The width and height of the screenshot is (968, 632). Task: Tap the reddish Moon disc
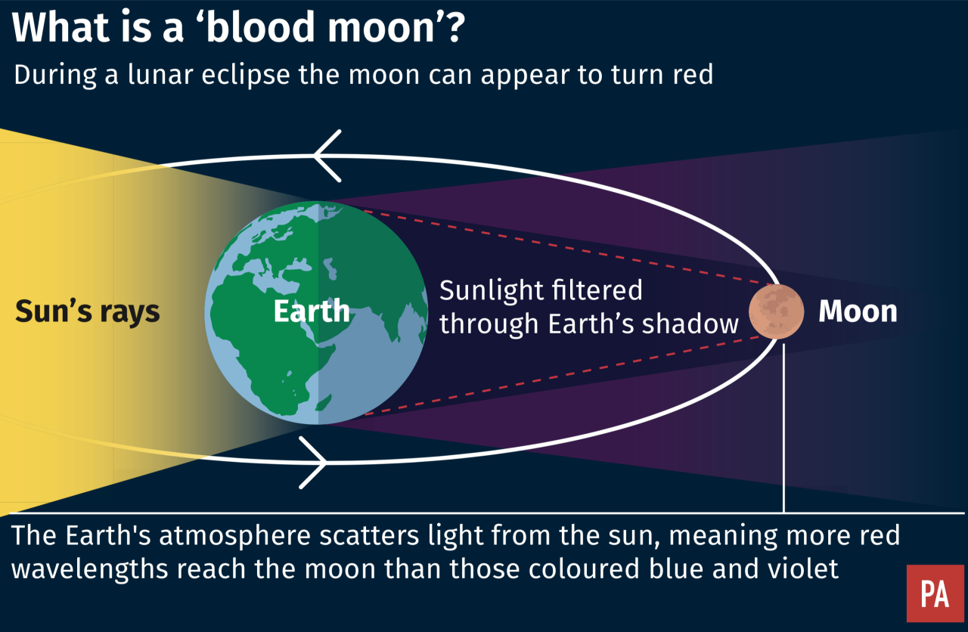(776, 311)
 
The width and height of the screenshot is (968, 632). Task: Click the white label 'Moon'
(858, 311)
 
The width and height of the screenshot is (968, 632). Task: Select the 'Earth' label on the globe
(312, 311)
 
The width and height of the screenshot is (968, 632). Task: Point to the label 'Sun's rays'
(88, 311)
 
